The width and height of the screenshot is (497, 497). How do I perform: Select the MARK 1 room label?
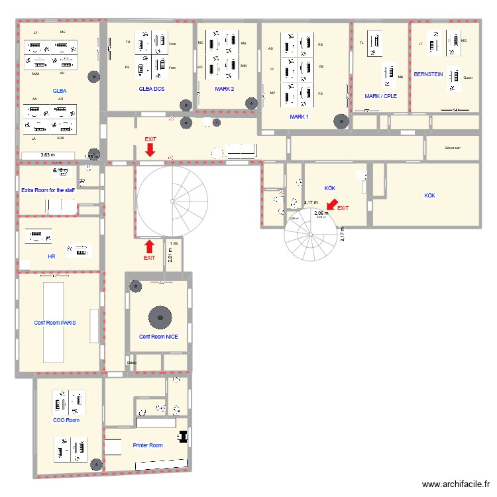coord(299,117)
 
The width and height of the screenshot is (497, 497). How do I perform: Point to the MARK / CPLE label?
coord(380,96)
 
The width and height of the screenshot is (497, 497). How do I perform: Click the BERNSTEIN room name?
coord(428,74)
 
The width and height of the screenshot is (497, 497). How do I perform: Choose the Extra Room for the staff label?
coord(48,190)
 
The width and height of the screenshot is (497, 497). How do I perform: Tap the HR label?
coord(52,256)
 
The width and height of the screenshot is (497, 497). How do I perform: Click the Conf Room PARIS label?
coord(55,323)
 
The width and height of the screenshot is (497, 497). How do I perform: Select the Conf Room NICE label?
coord(158,337)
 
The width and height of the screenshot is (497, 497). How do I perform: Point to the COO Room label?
coord(66,420)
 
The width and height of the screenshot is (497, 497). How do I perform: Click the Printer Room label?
coord(147,445)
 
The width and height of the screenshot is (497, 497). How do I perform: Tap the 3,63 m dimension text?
coord(48,155)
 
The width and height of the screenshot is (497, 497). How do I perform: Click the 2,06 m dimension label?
coord(321,213)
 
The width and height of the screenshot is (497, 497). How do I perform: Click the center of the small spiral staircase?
coord(310,234)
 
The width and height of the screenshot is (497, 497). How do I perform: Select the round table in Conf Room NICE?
coord(159,316)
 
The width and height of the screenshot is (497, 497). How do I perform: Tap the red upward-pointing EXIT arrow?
coord(150,247)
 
